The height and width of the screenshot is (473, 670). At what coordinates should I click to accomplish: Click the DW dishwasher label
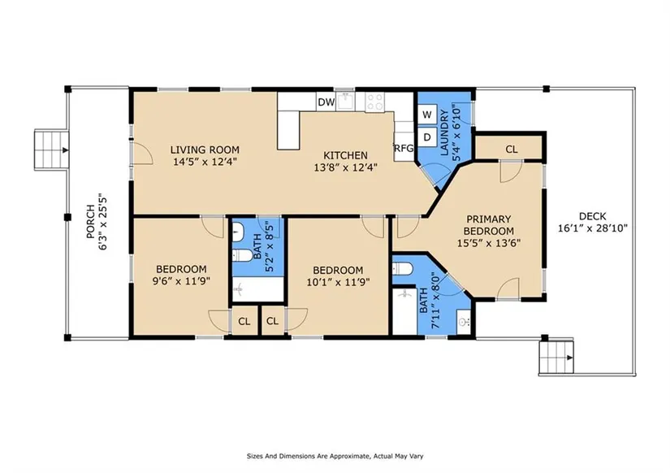pyautogui.click(x=326, y=102)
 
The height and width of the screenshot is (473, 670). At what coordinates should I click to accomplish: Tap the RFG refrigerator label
pyautogui.click(x=404, y=149)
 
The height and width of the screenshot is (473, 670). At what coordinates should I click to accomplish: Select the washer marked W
pyautogui.click(x=427, y=115)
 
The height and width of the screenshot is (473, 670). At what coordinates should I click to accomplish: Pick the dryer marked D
pyautogui.click(x=427, y=137)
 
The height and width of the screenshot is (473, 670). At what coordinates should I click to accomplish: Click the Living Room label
pyautogui.click(x=205, y=150)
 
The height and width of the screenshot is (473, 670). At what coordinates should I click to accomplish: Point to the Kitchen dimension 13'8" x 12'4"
pyautogui.click(x=345, y=167)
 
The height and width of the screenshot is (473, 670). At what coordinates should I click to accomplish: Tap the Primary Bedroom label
pyautogui.click(x=489, y=225)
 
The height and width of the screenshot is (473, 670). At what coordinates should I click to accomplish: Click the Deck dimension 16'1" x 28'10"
pyautogui.click(x=593, y=228)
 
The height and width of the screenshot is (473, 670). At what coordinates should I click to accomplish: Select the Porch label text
pyautogui.click(x=91, y=222)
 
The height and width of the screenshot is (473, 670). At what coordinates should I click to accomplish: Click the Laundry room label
pyautogui.click(x=444, y=132)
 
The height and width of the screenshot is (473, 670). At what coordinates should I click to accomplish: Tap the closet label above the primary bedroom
pyautogui.click(x=512, y=150)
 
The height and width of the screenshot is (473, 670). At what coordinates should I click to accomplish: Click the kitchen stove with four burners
pyautogui.click(x=374, y=102)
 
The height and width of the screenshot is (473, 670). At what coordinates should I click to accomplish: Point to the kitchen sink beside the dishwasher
pyautogui.click(x=346, y=102)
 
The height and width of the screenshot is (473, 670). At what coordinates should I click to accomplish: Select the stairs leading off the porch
pyautogui.click(x=52, y=150)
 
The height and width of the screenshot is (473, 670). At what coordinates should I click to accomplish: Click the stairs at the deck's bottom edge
pyautogui.click(x=556, y=358)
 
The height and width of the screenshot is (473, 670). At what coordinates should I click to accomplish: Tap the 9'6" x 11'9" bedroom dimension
pyautogui.click(x=181, y=281)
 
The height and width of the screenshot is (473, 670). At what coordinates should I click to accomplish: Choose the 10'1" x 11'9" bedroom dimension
pyautogui.click(x=338, y=282)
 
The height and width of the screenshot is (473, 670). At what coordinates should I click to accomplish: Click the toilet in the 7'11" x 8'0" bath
pyautogui.click(x=402, y=269)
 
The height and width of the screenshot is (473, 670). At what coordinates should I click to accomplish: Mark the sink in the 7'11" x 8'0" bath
pyautogui.click(x=464, y=321)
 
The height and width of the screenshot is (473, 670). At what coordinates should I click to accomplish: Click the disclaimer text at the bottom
pyautogui.click(x=335, y=456)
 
